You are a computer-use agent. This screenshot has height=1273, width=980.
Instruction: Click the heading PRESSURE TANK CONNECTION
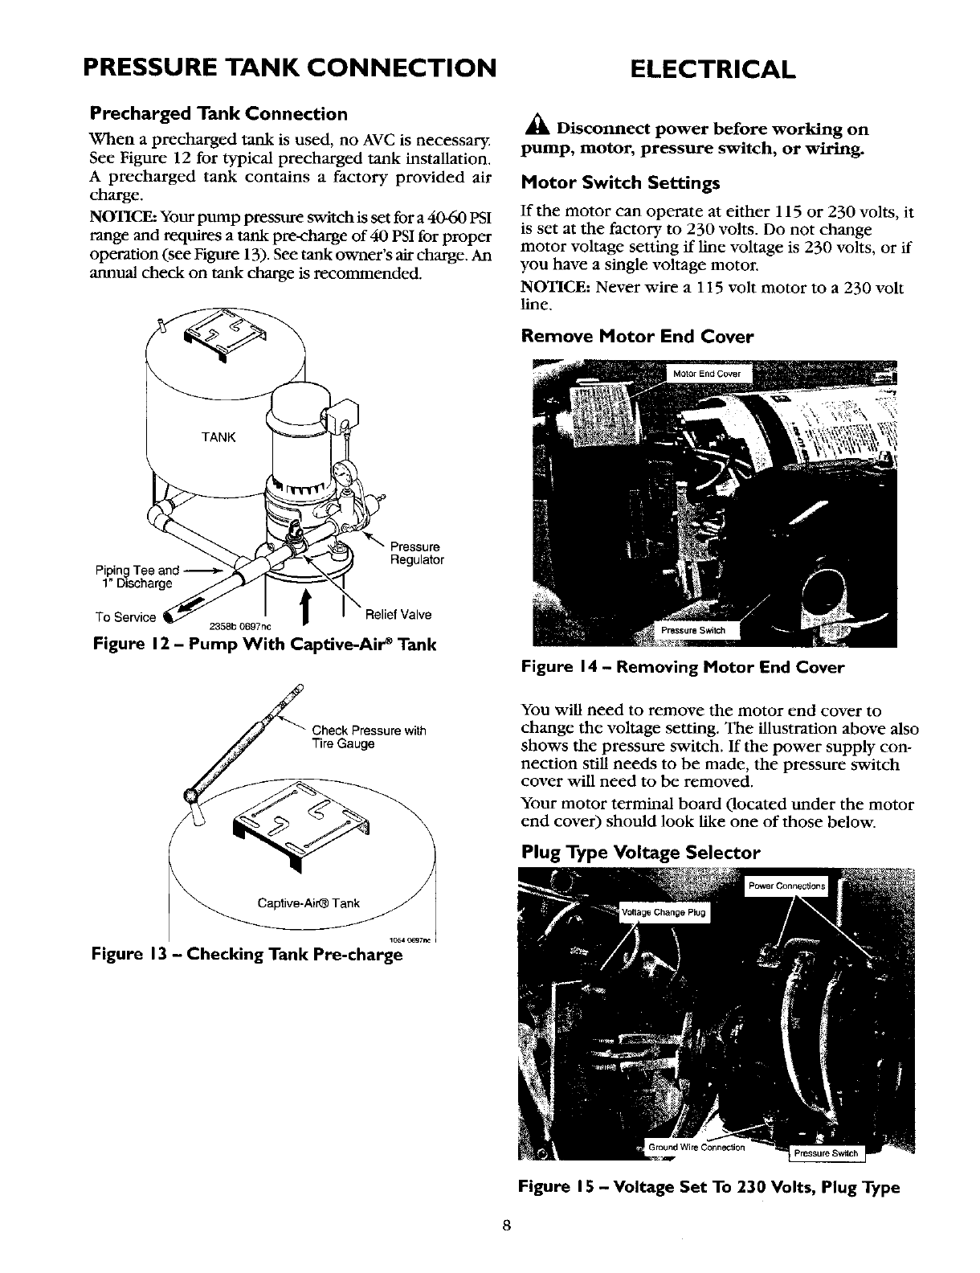[x=289, y=67]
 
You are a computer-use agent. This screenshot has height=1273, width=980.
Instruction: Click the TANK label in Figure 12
[x=218, y=437]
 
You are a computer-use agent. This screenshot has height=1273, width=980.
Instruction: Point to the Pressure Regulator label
[x=416, y=553]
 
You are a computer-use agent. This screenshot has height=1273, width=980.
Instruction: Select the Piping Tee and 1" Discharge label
[x=135, y=577]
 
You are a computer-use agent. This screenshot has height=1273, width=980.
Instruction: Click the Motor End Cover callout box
[x=706, y=374]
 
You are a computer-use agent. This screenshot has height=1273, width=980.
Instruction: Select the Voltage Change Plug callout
[x=659, y=911]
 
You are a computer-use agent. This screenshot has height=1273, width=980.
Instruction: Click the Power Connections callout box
[x=786, y=886]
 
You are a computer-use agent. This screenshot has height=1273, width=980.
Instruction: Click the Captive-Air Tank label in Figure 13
[x=308, y=903]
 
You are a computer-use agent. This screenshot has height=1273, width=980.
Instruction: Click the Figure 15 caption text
[x=708, y=1187]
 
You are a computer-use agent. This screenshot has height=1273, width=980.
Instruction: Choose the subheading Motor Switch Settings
[x=620, y=183]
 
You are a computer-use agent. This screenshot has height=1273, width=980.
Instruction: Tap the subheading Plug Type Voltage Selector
[x=640, y=851]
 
